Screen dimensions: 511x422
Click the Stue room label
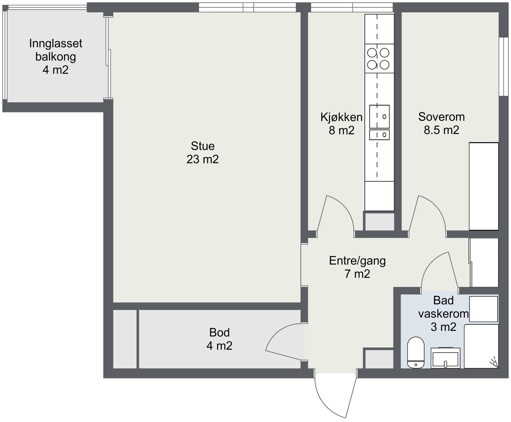pyautogui.click(x=202, y=146)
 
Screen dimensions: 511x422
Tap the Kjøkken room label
pyautogui.click(x=341, y=117)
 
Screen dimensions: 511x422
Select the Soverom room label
pyautogui.click(x=441, y=117)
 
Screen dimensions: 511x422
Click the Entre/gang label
pyautogui.click(x=357, y=261)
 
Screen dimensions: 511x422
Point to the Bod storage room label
pyautogui.click(x=219, y=332)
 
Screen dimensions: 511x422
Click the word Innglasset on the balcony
pyautogui.click(x=56, y=43)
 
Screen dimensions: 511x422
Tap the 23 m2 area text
pyautogui.click(x=202, y=159)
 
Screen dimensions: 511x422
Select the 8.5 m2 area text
pyautogui.click(x=441, y=130)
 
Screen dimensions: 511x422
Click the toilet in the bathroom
pyautogui.click(x=416, y=352)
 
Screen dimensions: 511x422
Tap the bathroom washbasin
pyautogui.click(x=446, y=358)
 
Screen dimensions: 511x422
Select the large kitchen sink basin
pyautogui.click(x=379, y=117)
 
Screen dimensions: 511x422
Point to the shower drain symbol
pyautogui.click(x=494, y=362)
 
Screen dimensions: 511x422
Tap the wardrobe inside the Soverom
pyautogui.click(x=484, y=186)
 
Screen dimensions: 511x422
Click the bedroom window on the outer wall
pyautogui.click(x=504, y=67)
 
